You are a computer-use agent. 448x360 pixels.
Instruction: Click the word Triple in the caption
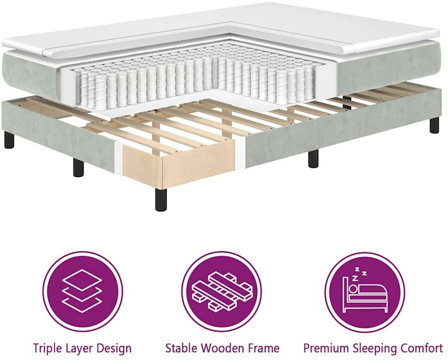click(47, 348)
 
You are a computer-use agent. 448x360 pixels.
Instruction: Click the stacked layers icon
click(82, 287)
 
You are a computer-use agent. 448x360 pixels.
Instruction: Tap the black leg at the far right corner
click(434, 125)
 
